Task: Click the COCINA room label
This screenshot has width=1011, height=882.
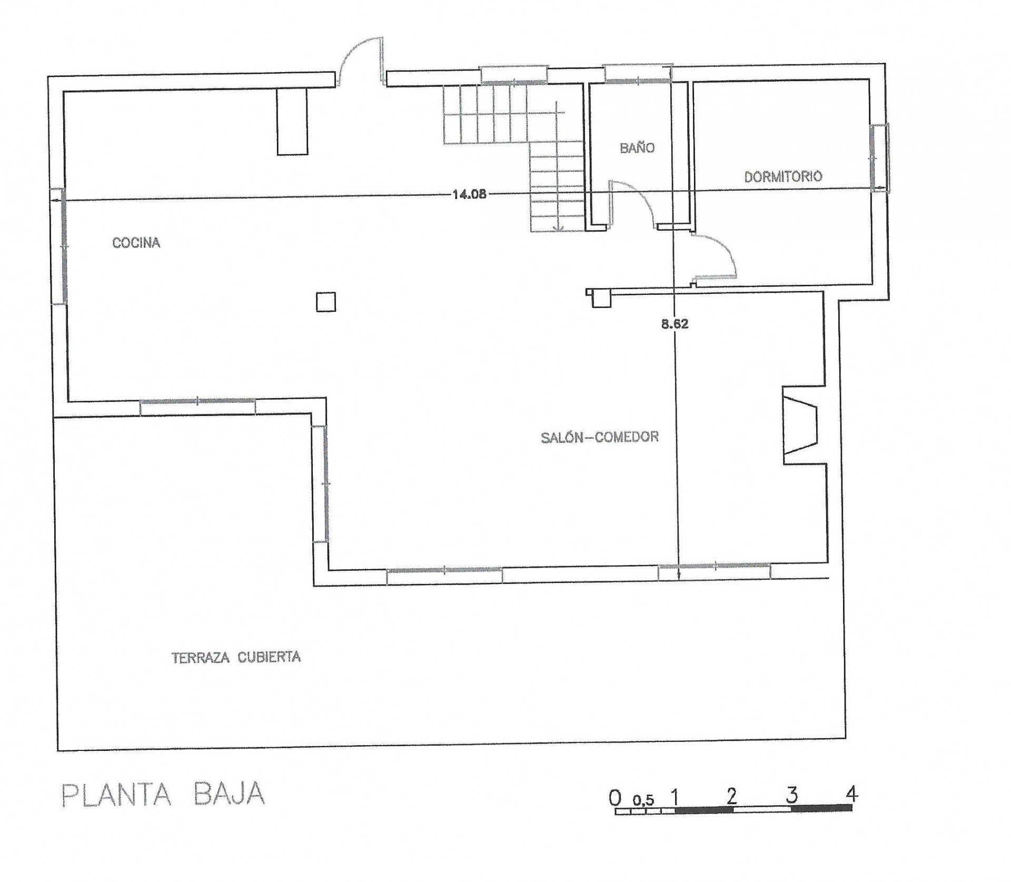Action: (x=136, y=243)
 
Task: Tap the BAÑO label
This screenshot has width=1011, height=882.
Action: (x=637, y=147)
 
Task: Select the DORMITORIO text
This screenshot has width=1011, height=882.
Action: (x=783, y=176)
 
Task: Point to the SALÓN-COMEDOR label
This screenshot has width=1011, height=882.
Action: (x=600, y=437)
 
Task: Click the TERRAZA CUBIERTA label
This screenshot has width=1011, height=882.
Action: (x=236, y=657)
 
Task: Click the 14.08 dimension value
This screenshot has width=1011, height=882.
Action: (x=469, y=194)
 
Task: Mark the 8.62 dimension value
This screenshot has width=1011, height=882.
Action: (x=675, y=324)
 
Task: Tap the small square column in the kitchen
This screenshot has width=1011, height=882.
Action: (x=326, y=302)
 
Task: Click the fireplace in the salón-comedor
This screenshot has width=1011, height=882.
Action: (x=800, y=425)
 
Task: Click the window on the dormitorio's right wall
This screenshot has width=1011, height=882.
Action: (x=879, y=157)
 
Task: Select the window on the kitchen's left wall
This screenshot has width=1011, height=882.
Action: (x=58, y=246)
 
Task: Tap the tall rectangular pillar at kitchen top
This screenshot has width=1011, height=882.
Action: (x=292, y=122)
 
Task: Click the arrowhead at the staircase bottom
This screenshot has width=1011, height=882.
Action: (x=558, y=227)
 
